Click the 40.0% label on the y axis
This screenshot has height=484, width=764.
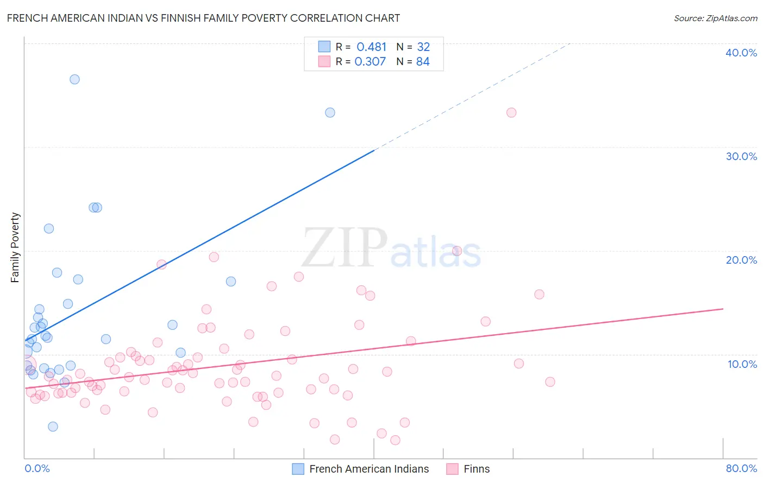point(741,53)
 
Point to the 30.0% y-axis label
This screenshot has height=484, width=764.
point(741,156)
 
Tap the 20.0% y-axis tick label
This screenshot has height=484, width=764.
point(741,260)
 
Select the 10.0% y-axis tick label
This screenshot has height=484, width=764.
point(742,364)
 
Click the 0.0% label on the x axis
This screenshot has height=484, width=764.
point(37,468)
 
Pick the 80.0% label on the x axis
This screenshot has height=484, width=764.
point(741,468)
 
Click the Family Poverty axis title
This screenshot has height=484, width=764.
point(15,247)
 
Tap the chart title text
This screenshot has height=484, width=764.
point(203,18)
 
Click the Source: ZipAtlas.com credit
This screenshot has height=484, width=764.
point(715,18)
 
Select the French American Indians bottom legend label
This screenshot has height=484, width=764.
point(369,469)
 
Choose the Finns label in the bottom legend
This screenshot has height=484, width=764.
point(477,469)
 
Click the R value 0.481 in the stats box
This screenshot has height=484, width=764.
point(371,47)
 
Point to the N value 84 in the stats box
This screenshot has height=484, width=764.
point(423,61)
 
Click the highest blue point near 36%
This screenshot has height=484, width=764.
point(74,79)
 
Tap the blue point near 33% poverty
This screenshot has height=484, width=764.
point(330,113)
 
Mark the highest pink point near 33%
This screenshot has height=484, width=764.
point(511,113)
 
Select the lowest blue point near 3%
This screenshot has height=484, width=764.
point(53,426)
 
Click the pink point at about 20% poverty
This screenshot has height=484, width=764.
point(457,251)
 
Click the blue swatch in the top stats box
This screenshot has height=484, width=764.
point(324,47)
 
